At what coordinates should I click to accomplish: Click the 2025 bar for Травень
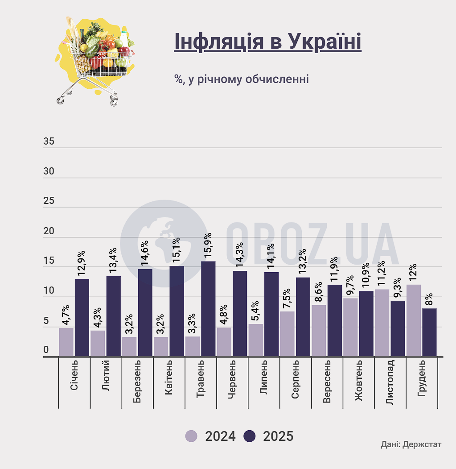[x=208, y=309]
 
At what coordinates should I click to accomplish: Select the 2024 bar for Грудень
[x=414, y=320]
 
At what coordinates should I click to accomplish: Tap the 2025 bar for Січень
[x=82, y=318]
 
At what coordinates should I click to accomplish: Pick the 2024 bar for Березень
[x=129, y=346]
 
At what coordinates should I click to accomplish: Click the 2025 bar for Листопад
[x=398, y=328]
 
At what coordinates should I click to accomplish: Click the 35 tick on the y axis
[x=49, y=142]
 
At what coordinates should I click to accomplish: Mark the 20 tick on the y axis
[x=49, y=232]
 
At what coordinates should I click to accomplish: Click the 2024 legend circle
[x=191, y=436]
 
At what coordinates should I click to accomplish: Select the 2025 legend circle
[x=250, y=436]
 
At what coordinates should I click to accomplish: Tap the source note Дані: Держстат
[x=411, y=444]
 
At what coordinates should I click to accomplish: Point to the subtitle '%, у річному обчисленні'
[x=241, y=79]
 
